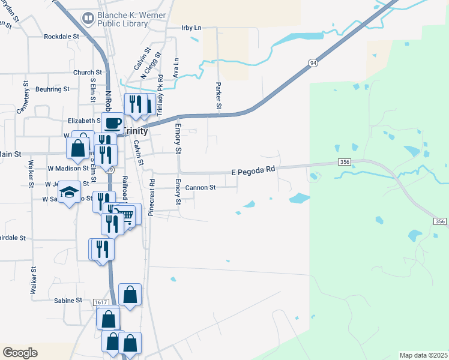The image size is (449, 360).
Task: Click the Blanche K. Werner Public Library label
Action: pyautogui.click(x=123, y=19)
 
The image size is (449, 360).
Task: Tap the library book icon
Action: pyautogui.click(x=88, y=19)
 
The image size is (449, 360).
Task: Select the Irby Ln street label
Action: pyautogui.click(x=191, y=28)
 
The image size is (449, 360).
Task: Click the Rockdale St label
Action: pyautogui.click(x=62, y=37)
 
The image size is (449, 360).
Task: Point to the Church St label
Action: pyautogui.click(x=83, y=73)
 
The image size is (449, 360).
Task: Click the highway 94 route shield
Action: pyautogui.click(x=313, y=62)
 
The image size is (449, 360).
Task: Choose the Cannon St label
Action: pyautogui.click(x=200, y=188)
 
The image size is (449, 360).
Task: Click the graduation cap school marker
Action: pyautogui.click(x=70, y=192)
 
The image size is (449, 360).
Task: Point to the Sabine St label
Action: pyautogui.click(x=68, y=300)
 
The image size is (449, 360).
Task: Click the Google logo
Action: pyautogui.click(x=20, y=353)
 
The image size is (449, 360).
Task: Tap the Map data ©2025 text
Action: pyautogui.click(x=423, y=355)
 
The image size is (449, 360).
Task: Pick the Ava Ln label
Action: pyautogui.click(x=176, y=68)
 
